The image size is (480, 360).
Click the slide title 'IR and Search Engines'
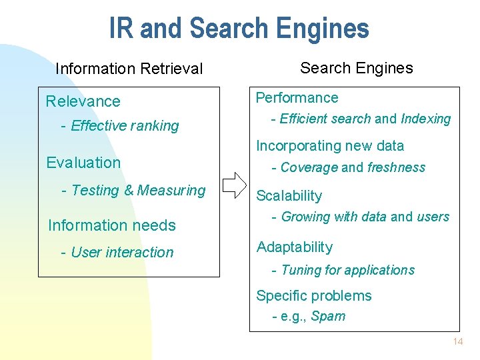pos(239,29)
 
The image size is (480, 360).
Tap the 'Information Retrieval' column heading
pos(129,69)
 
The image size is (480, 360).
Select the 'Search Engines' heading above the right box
pos(356,67)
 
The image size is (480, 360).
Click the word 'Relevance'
pos(83,101)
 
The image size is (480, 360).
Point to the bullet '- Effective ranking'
pos(120,125)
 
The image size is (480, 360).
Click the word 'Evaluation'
pos(83,163)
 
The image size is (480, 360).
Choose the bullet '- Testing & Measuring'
pos(133,190)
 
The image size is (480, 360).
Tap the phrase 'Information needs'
pos(111,225)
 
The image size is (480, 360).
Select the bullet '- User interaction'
pos(117,252)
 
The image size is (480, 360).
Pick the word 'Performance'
pos(297,97)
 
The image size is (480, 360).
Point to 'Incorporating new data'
pos(330,145)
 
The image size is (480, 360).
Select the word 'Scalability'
pos(289,195)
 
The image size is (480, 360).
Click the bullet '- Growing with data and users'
pos(360,217)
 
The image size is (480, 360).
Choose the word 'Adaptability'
pos(294,247)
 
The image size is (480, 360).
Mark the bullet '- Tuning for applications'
pos(343,270)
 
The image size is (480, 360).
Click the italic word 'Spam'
pos(328,316)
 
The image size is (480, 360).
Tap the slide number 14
pos(457,342)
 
